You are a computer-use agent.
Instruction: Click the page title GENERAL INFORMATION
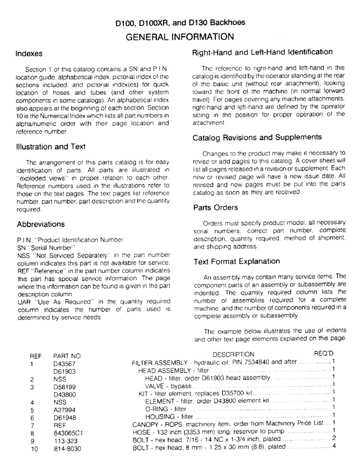(x=181, y=36)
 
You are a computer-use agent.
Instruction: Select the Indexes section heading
(x=29, y=54)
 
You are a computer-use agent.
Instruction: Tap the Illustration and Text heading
(x=51, y=147)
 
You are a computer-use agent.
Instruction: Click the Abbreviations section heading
(x=40, y=224)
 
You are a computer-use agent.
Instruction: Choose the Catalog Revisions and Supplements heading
(x=257, y=137)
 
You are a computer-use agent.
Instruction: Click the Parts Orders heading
(x=215, y=207)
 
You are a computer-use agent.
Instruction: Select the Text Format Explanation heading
(x=236, y=261)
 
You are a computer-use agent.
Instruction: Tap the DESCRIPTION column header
(x=234, y=354)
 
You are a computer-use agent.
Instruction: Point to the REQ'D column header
(x=324, y=353)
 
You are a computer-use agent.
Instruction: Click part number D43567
(x=64, y=363)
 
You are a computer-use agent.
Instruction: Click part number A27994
(x=64, y=409)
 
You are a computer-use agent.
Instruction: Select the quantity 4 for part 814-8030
(x=333, y=446)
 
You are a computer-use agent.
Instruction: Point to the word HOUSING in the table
(x=160, y=416)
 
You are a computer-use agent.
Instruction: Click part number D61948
(x=64, y=417)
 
